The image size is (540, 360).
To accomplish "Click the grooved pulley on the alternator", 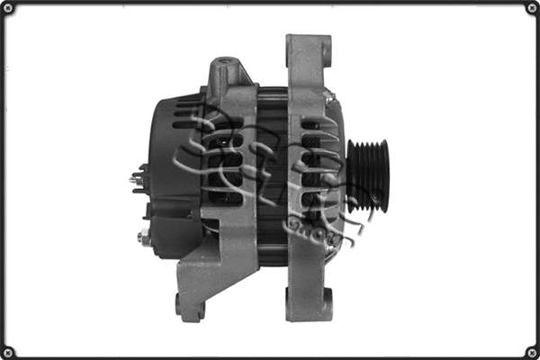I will pyautogui.click(x=367, y=175).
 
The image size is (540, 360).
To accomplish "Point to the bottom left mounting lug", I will pyautogui.click(x=190, y=304).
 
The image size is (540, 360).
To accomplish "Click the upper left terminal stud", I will pyautogui.click(x=136, y=179).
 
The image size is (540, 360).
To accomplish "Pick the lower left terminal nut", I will pyautogui.click(x=143, y=238).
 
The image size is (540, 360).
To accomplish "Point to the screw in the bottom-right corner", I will pyautogui.click(x=531, y=351).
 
